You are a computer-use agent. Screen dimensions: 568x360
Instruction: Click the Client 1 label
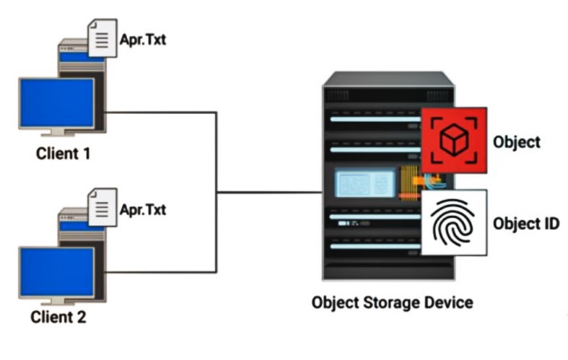tap(63, 154)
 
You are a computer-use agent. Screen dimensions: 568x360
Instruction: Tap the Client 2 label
tap(58, 317)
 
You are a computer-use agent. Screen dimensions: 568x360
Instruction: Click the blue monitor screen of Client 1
tap(57, 103)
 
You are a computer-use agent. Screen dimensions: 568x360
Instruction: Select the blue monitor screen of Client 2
tap(57, 272)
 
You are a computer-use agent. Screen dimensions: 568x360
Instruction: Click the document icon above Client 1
tap(102, 38)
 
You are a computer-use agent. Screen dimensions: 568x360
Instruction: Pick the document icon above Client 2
tap(102, 208)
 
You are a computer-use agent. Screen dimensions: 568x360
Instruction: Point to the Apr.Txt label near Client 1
tap(143, 40)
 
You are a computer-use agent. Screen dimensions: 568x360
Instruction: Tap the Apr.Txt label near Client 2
tap(143, 209)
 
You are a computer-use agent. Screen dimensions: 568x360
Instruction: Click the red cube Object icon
tap(454, 140)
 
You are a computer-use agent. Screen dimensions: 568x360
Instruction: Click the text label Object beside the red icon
tap(517, 142)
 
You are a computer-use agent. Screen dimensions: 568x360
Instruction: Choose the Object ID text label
tap(526, 224)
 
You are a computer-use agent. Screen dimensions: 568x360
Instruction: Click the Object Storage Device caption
tap(393, 303)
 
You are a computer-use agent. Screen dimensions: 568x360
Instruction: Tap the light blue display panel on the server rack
tap(364, 183)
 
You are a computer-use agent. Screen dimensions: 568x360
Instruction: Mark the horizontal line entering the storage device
tap(269, 193)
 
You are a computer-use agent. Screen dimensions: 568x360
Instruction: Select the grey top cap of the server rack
tap(389, 79)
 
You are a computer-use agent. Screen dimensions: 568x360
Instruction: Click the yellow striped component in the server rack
tap(409, 183)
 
